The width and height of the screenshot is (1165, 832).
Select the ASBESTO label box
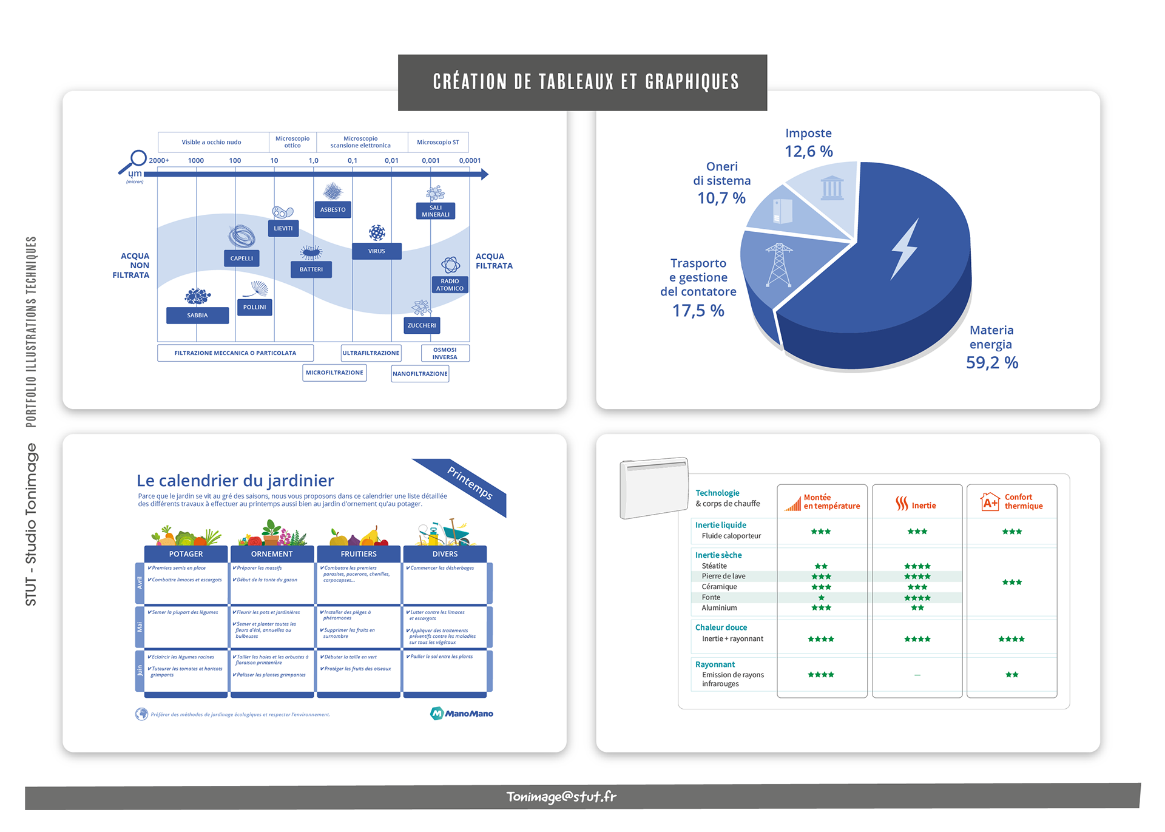tap(333, 209)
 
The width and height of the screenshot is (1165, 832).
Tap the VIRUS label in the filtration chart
tap(376, 251)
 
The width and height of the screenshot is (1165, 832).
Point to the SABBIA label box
tap(197, 316)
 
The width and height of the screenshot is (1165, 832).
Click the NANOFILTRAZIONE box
tap(420, 374)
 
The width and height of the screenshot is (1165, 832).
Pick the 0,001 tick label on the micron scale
tap(431, 161)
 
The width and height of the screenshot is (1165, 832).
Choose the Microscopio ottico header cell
tap(292, 142)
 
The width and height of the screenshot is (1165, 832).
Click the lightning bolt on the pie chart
tap(905, 249)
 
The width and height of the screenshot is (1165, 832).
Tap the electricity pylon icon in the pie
tap(778, 265)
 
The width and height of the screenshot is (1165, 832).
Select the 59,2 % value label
tap(992, 363)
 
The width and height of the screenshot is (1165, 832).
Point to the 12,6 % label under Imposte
tap(809, 152)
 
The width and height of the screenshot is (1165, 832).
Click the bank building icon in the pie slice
tap(832, 188)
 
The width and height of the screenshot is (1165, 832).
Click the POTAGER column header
tap(186, 554)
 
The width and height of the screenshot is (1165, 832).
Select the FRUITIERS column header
tap(359, 554)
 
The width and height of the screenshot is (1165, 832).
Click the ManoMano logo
tap(462, 714)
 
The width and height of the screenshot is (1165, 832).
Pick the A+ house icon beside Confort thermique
tap(990, 501)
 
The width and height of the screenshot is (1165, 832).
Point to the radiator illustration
tap(654, 488)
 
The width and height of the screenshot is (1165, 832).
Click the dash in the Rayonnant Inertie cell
tap(917, 675)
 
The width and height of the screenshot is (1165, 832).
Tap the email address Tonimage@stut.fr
tap(561, 797)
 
